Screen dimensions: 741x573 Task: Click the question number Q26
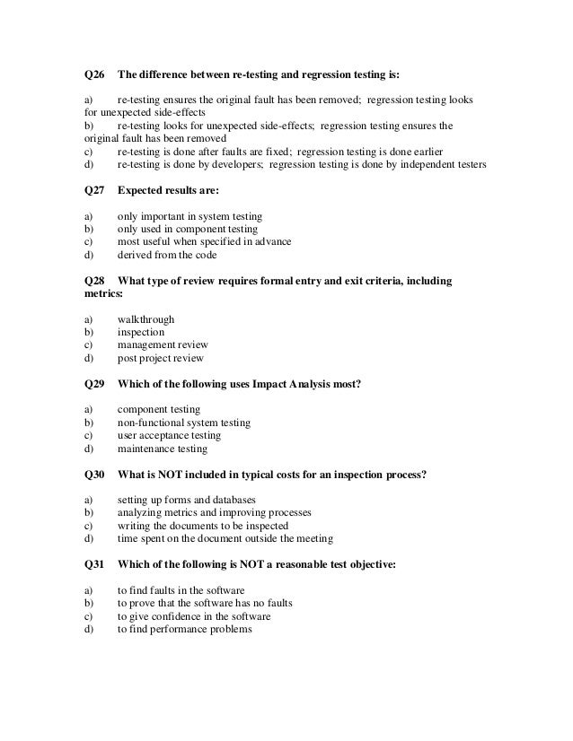coord(93,75)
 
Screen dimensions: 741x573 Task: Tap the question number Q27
coord(93,190)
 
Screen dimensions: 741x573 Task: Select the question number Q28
coord(93,282)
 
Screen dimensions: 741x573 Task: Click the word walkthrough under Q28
coord(145,318)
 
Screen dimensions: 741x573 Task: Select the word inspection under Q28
coord(141,332)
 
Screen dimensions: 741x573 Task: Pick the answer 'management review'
coord(163,344)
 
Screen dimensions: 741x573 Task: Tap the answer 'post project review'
coord(161,358)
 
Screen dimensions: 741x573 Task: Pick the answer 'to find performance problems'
coord(185,629)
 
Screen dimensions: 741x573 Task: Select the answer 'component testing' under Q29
coord(159,409)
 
